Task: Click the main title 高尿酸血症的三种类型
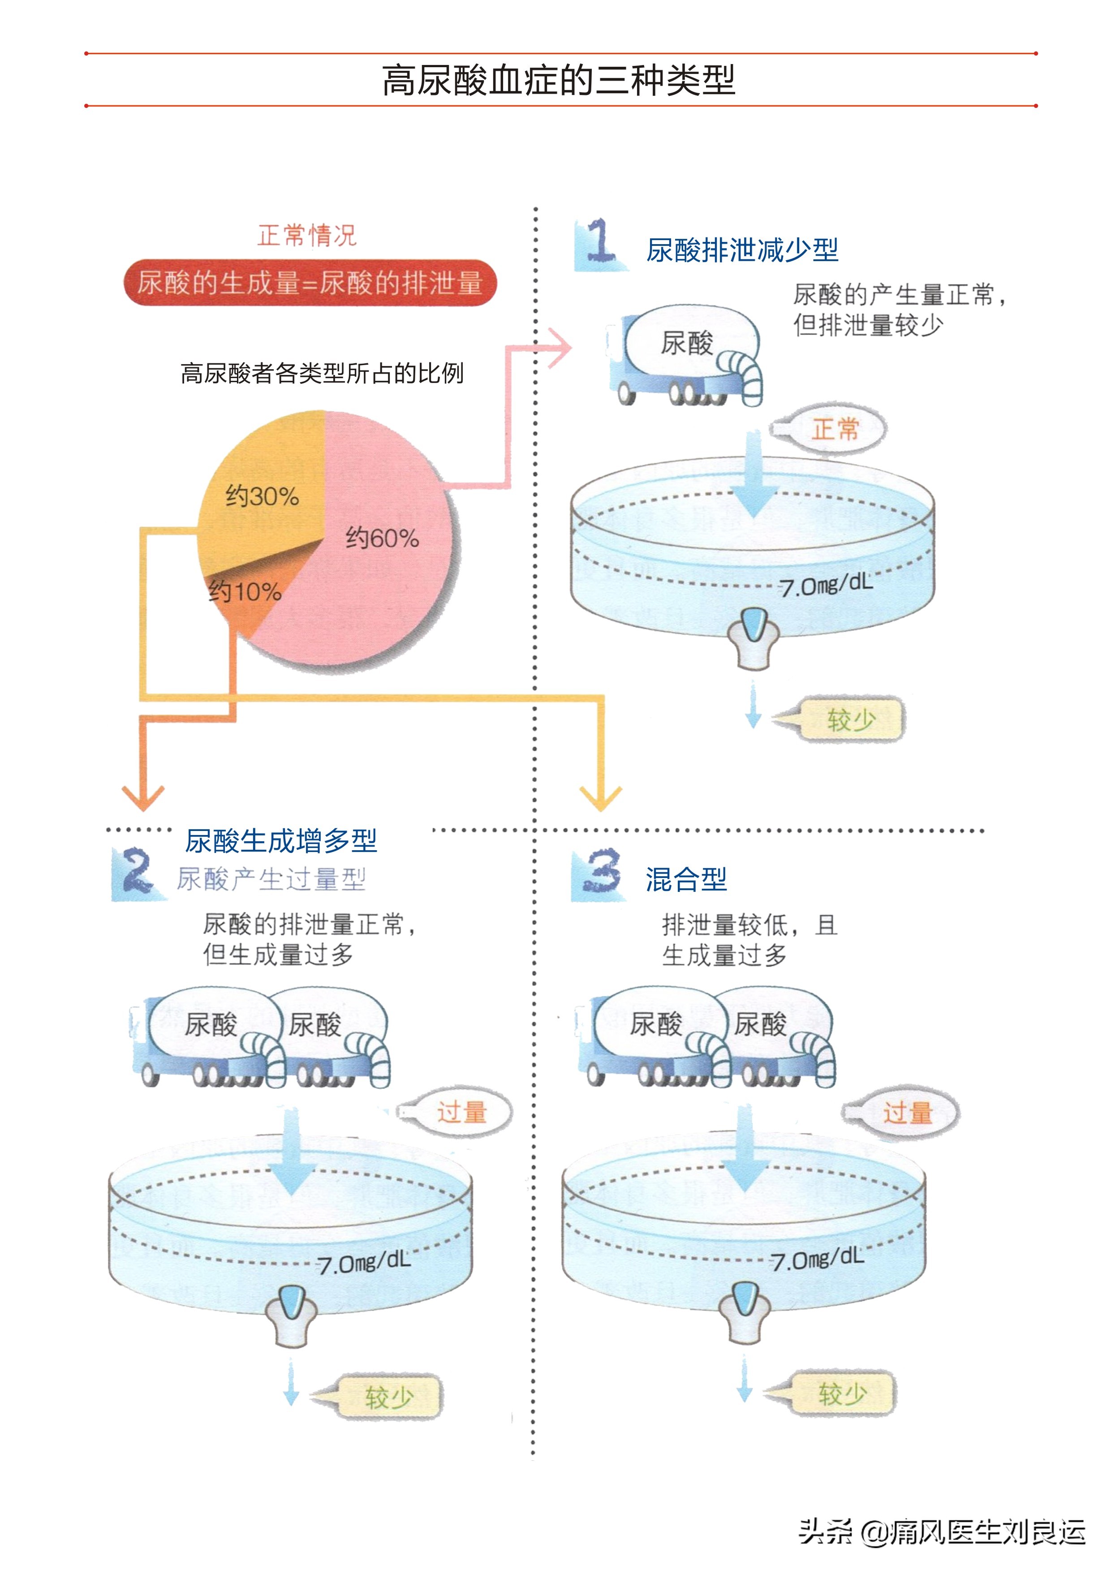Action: pos(558,80)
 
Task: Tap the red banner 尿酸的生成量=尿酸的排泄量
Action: pos(310,283)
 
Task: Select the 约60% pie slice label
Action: pos(382,538)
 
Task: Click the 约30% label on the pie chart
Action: pos(262,496)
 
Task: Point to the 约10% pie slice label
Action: pos(245,591)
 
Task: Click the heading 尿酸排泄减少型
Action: pos(742,250)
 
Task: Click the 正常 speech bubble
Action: pos(835,430)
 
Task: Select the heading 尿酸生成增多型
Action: pos(280,841)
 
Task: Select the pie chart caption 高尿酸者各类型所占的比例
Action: pos(322,374)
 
